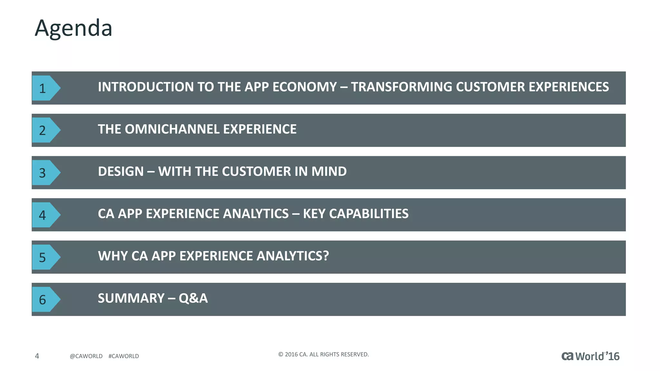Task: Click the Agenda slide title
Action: point(73,28)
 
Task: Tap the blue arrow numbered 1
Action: point(45,88)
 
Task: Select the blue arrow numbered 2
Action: point(45,130)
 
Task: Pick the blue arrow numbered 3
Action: point(45,173)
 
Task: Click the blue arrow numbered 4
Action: point(45,215)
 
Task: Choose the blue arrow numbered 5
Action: point(45,257)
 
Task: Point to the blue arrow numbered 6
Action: point(45,300)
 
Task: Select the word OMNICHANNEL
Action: point(172,129)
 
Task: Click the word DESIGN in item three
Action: point(121,171)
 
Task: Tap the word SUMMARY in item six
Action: point(131,298)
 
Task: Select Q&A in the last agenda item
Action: point(193,298)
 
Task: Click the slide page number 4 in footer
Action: point(37,356)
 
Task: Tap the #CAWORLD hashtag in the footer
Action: point(124,356)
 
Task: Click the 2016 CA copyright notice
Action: point(323,355)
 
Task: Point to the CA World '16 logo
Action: point(590,356)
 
